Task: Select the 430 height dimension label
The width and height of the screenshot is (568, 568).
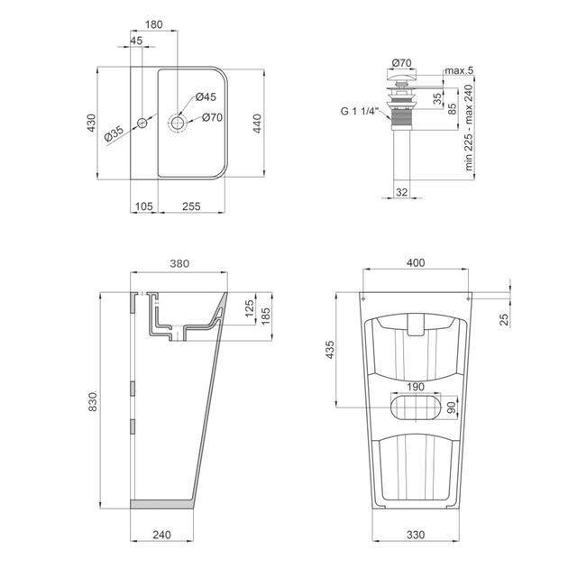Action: click(x=90, y=124)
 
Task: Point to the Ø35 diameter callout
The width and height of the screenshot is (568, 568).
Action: click(x=115, y=132)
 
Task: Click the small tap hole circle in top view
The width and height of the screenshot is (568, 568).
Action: click(x=142, y=121)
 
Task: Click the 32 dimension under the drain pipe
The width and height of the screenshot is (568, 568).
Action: click(x=401, y=191)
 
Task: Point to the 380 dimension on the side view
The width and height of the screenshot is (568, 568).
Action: click(x=179, y=264)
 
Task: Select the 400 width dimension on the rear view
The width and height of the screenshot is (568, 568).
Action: click(x=415, y=264)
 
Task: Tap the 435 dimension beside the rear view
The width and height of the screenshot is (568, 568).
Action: click(x=330, y=350)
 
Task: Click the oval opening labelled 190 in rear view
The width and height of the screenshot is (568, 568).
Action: click(x=417, y=408)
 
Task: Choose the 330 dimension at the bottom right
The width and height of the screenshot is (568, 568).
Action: click(x=415, y=534)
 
